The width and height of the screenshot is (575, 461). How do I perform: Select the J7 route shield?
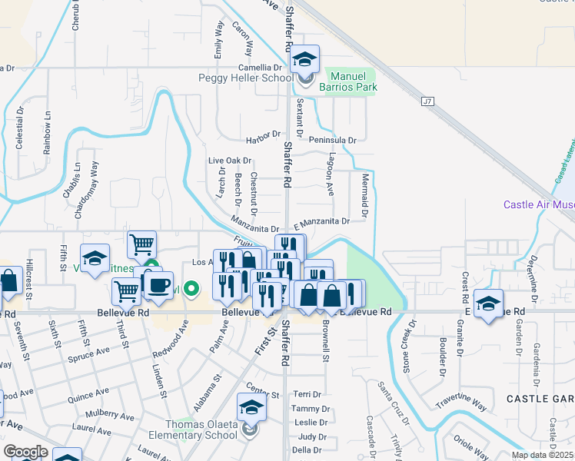(428, 101)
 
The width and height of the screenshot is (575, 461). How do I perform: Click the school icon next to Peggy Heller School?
(305, 60)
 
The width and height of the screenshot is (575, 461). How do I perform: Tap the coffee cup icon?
(159, 287)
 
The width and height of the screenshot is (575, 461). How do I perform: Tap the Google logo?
(25, 452)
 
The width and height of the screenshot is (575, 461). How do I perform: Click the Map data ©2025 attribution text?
(541, 455)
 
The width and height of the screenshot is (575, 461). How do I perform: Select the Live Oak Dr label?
(230, 161)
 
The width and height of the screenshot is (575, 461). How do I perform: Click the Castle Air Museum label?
(539, 204)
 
